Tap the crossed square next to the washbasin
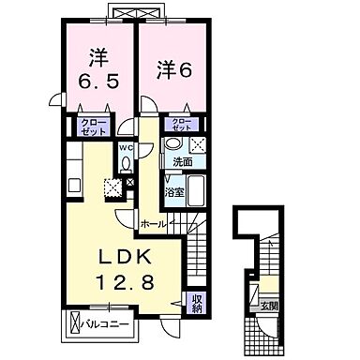(198, 145)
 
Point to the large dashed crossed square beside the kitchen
(112, 187)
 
